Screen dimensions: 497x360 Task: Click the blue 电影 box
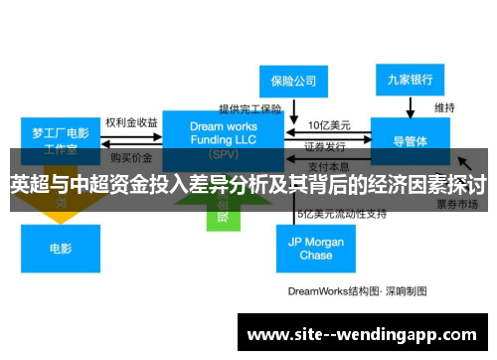(x=61, y=248)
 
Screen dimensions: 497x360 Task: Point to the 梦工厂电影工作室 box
(x=61, y=140)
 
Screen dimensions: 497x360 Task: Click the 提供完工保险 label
(x=251, y=108)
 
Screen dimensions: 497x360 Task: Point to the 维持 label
(x=444, y=106)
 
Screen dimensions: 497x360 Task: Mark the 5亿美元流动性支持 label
(x=340, y=214)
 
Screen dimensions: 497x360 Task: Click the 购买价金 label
(x=131, y=157)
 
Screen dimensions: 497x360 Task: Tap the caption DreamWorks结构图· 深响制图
(x=357, y=291)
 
